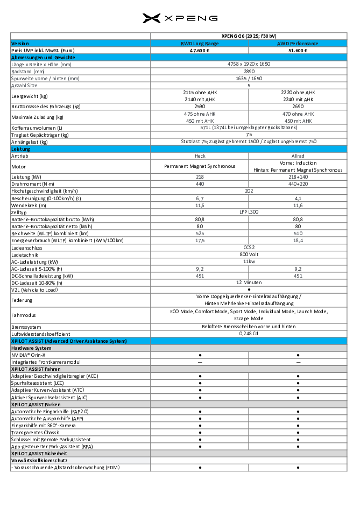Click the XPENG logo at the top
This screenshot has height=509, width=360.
[x=180, y=19]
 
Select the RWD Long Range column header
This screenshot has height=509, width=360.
[x=199, y=43]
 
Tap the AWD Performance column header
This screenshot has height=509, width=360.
[x=298, y=43]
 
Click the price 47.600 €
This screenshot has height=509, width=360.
[x=199, y=50]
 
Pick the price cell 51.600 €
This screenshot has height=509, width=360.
[x=298, y=50]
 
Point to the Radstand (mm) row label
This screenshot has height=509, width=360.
[x=28, y=71]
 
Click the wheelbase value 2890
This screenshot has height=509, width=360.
[x=249, y=71]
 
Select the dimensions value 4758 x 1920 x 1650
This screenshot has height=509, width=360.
[x=249, y=64]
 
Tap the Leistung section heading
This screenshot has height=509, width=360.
[x=21, y=149]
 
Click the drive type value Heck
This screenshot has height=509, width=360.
[x=199, y=155]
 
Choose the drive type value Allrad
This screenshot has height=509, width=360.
[x=298, y=155]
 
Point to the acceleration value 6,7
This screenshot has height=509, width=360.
[x=199, y=198]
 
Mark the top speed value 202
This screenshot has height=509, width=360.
[x=249, y=191]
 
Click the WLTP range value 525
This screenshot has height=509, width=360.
[x=199, y=233]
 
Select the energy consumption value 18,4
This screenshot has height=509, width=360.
[x=298, y=241]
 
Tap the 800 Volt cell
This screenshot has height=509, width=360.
[x=249, y=254]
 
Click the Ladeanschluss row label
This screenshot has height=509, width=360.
[x=26, y=248]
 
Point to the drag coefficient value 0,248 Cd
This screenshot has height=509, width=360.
[x=249, y=334]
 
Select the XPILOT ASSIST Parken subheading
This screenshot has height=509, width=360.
[x=36, y=404]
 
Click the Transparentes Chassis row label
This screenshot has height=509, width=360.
[x=35, y=432]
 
